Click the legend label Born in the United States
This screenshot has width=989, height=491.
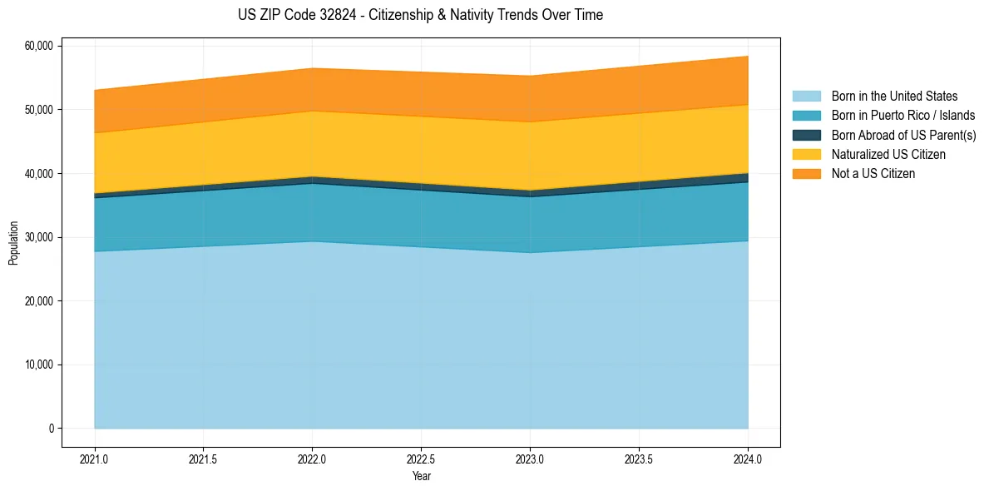[894, 97]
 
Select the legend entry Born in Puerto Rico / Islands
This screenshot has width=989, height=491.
[902, 116]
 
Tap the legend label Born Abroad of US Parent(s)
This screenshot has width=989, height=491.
[903, 135]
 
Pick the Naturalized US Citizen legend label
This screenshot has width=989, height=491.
[888, 155]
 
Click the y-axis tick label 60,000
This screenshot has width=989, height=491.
[38, 46]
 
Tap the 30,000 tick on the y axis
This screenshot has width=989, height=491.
[38, 237]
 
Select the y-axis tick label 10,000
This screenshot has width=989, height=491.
[38, 365]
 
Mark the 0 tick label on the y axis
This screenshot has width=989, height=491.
[51, 429]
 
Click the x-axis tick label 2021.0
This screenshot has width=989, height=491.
[94, 458]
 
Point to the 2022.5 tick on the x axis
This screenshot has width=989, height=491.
[421, 458]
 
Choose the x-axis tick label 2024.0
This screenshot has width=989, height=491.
[748, 458]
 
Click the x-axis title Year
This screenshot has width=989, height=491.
[421, 476]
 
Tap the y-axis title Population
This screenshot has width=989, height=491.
[13, 243]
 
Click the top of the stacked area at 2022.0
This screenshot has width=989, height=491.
[312, 68]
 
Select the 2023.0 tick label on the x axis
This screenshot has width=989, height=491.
[530, 458]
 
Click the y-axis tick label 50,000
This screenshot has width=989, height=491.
[38, 110]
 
